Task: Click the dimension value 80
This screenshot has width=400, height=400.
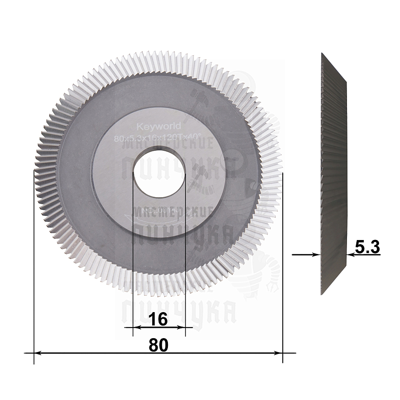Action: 158,345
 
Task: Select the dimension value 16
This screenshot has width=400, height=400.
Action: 158,320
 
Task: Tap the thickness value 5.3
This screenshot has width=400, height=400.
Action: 367,247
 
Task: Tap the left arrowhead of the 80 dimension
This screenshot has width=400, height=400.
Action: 38,353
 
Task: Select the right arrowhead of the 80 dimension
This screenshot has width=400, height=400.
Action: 279,353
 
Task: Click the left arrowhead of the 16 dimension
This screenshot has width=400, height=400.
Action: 136,328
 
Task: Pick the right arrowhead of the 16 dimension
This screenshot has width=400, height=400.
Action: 182,328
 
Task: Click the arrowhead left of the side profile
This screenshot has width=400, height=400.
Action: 317,254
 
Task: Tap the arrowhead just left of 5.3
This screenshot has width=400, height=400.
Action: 350,254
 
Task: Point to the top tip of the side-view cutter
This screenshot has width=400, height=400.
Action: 322,54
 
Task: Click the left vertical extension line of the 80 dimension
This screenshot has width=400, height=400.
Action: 34,260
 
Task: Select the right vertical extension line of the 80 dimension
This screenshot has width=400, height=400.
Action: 283,260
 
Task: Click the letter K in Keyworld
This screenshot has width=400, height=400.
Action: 139,127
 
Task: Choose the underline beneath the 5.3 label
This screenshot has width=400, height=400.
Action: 365,254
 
